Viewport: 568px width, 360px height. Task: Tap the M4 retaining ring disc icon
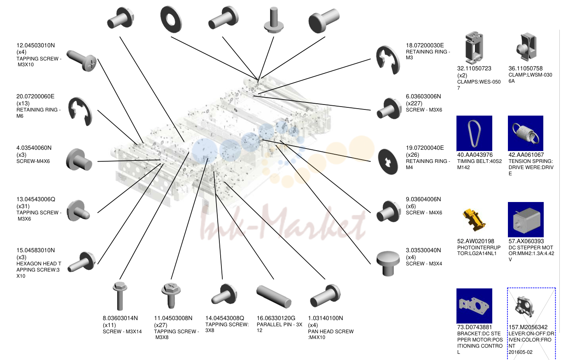pyautogui.click(x=388, y=162)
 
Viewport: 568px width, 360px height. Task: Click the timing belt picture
pyautogui.click(x=474, y=133)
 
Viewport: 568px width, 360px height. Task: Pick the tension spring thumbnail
pyautogui.click(x=525, y=133)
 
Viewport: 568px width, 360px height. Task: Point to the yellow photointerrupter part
pyautogui.click(x=473, y=220)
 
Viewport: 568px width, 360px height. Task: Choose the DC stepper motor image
pyautogui.click(x=526, y=220)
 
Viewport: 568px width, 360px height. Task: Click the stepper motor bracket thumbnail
pyautogui.click(x=474, y=306)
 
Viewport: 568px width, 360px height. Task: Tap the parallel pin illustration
pyautogui.click(x=274, y=296)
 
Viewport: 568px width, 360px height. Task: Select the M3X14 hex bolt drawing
pyautogui.click(x=120, y=296)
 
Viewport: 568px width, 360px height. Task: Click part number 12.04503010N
pyautogui.click(x=35, y=45)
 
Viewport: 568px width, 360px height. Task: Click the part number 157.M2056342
pyautogui.click(x=528, y=327)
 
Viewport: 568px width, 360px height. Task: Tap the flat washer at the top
pyautogui.click(x=171, y=19)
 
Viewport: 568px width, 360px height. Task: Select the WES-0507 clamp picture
pyautogui.click(x=474, y=48)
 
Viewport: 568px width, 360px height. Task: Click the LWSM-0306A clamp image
pyautogui.click(x=527, y=47)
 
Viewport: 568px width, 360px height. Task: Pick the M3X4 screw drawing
pyautogui.click(x=388, y=263)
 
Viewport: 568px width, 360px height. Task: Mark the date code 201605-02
pyautogui.click(x=520, y=352)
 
